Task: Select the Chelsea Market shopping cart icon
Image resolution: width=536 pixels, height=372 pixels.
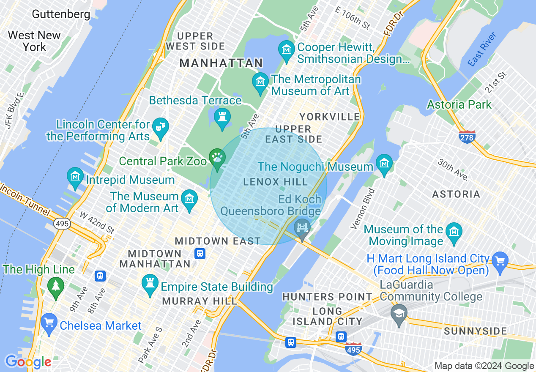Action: tap(49, 323)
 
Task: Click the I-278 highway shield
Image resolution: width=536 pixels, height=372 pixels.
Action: tap(467, 137)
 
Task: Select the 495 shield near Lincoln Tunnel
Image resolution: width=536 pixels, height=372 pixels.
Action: tap(62, 224)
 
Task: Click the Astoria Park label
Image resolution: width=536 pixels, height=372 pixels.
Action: tap(459, 104)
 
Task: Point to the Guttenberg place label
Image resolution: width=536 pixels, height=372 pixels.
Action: tap(61, 14)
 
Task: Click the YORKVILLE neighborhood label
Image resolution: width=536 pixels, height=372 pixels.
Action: tap(329, 117)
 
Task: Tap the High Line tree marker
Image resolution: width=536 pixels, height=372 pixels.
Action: tap(55, 286)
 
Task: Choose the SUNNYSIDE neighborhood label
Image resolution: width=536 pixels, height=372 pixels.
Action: tap(475, 331)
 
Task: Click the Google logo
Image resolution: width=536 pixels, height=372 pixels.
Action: tap(28, 362)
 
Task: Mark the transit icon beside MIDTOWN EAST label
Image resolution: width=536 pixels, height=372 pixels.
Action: tap(200, 253)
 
